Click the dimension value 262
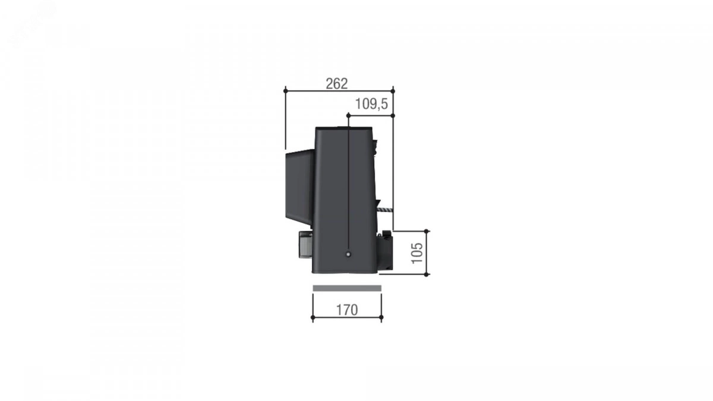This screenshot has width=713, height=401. point(336,84)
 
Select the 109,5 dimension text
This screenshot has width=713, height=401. point(371,104)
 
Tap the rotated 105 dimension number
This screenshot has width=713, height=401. point(417,253)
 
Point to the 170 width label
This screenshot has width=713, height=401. point(347,310)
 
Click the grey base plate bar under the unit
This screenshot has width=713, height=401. point(347,288)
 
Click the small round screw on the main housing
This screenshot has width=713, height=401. point(348,254)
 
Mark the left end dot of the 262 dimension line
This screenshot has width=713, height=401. point(286,91)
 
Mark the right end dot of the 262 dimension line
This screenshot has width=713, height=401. point(393,91)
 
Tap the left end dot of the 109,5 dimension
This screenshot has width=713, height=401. point(348,115)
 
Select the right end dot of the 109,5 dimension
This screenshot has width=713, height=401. point(393,115)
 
